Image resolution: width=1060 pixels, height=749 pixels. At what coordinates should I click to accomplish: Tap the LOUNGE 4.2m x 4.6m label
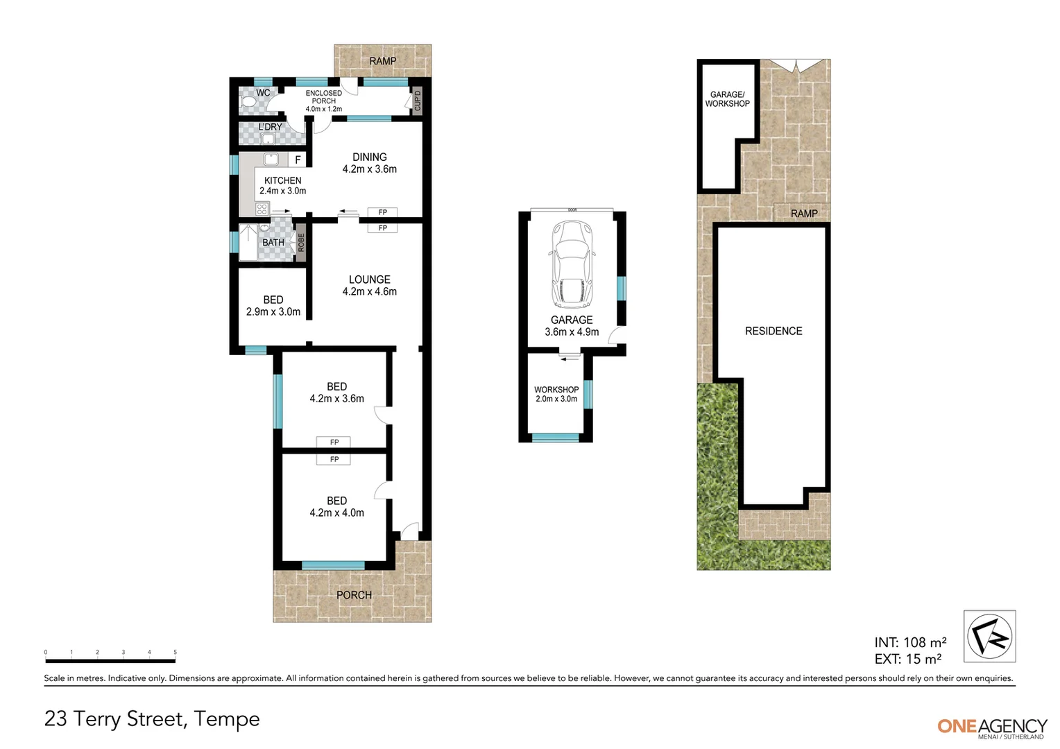point(369,286)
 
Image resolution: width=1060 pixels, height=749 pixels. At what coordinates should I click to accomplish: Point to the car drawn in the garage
point(572,264)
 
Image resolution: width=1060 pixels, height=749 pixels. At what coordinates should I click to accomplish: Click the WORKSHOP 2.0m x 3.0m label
point(556,394)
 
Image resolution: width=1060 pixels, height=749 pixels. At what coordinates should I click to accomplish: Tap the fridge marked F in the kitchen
point(298,160)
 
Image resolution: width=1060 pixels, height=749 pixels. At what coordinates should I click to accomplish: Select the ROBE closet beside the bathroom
point(301,242)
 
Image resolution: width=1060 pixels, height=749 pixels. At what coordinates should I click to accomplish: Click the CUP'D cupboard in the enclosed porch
point(417,101)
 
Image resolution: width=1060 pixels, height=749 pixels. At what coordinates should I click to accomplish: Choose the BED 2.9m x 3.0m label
point(273,306)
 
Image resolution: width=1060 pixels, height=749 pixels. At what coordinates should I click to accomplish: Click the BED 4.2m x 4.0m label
point(336,506)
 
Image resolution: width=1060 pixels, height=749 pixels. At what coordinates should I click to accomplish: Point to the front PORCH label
point(354,595)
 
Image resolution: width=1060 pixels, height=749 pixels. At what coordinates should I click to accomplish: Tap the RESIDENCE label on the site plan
point(773,332)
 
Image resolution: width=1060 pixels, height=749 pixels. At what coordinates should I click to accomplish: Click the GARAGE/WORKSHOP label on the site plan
point(727,99)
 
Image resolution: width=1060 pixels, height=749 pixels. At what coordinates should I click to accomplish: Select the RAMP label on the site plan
point(803,214)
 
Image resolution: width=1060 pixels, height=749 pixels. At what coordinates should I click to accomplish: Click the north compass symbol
point(989,636)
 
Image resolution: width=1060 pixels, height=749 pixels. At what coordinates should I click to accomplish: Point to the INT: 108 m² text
point(910,643)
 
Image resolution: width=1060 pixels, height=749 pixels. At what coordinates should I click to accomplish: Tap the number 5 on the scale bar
point(175,653)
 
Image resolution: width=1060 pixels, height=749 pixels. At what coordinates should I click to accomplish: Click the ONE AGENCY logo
point(992,727)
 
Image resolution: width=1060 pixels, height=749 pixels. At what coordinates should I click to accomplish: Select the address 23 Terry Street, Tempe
point(152,719)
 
